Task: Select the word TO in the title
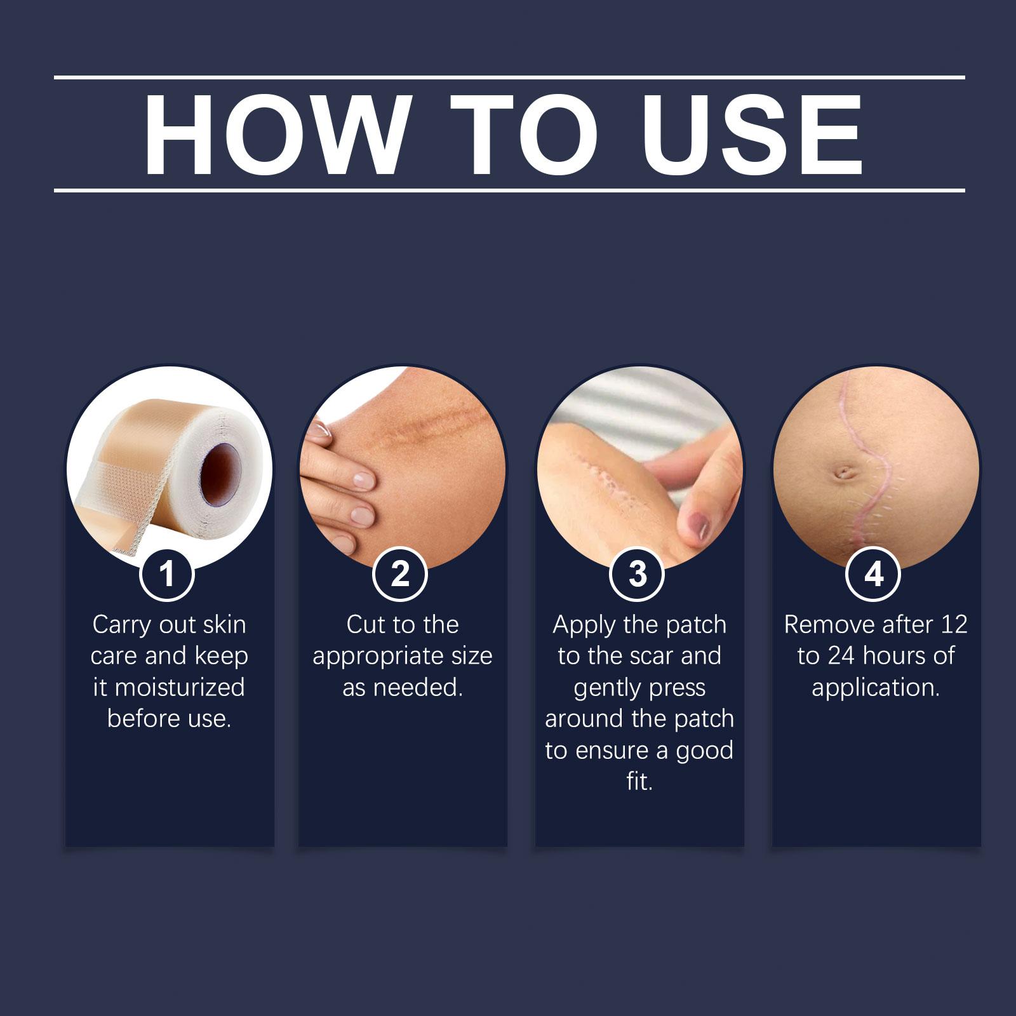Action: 528,135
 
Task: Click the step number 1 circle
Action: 167,574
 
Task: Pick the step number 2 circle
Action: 401,574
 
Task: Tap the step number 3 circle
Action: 638,574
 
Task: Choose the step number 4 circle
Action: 874,574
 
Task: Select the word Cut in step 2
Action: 366,625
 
